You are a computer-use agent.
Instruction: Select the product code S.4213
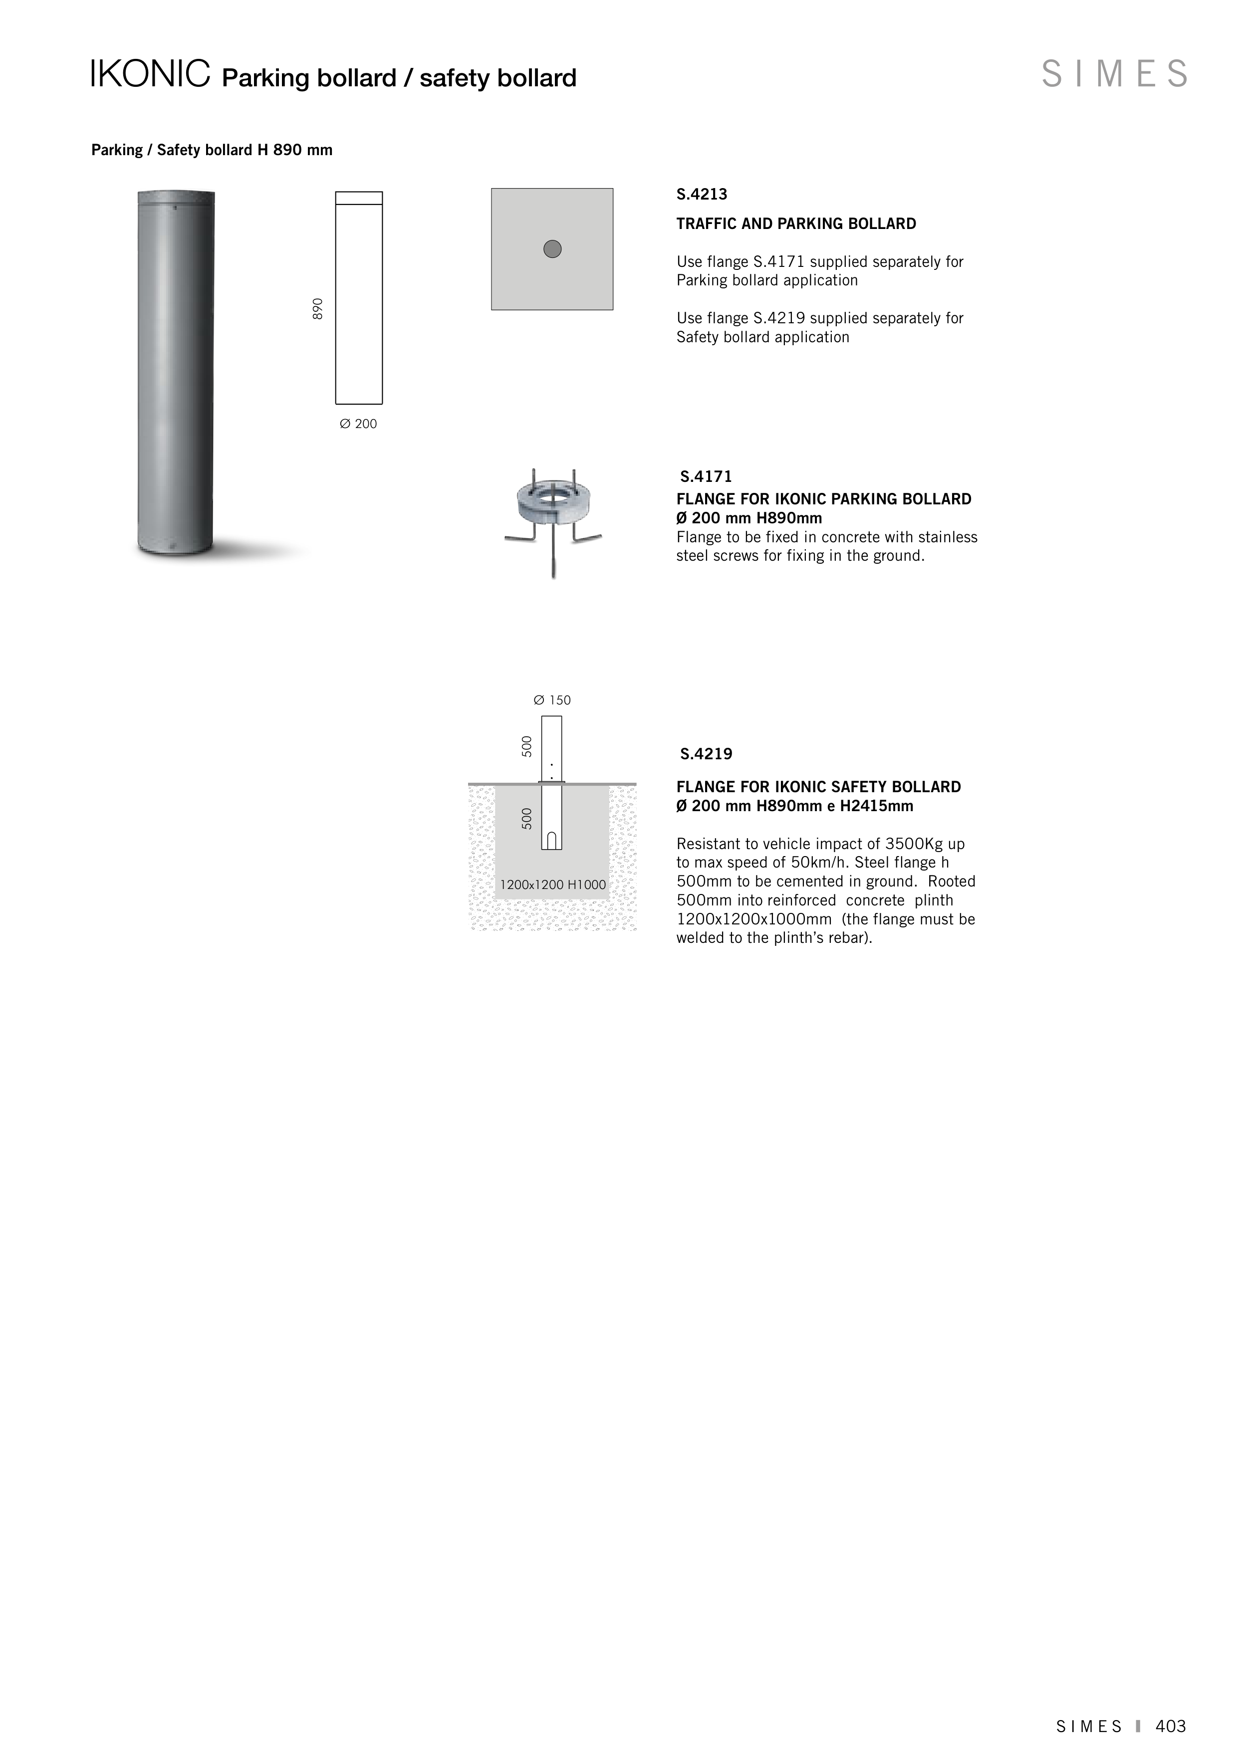pyautogui.click(x=702, y=195)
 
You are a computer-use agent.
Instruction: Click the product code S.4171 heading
pyautogui.click(x=706, y=476)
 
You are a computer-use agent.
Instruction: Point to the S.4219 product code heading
pyautogui.click(x=706, y=754)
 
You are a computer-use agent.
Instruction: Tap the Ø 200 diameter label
pyautogui.click(x=358, y=424)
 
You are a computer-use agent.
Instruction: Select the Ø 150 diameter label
pyautogui.click(x=552, y=700)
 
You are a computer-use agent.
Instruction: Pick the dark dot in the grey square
pyautogui.click(x=552, y=248)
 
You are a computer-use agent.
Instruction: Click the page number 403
pyautogui.click(x=1171, y=1726)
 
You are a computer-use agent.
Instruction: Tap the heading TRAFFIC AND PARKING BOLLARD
pyautogui.click(x=796, y=224)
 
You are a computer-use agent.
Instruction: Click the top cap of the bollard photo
pyautogui.click(x=176, y=199)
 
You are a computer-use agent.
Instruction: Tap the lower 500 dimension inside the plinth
pyautogui.click(x=526, y=819)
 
